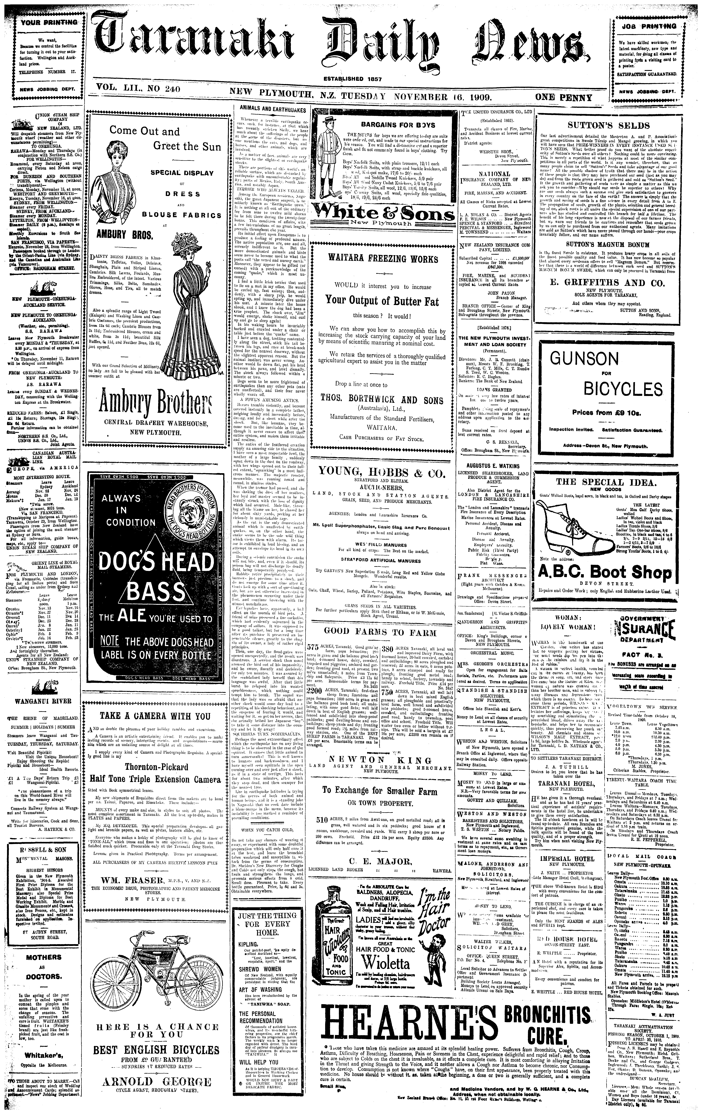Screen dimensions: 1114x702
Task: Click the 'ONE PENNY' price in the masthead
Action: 563,98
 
